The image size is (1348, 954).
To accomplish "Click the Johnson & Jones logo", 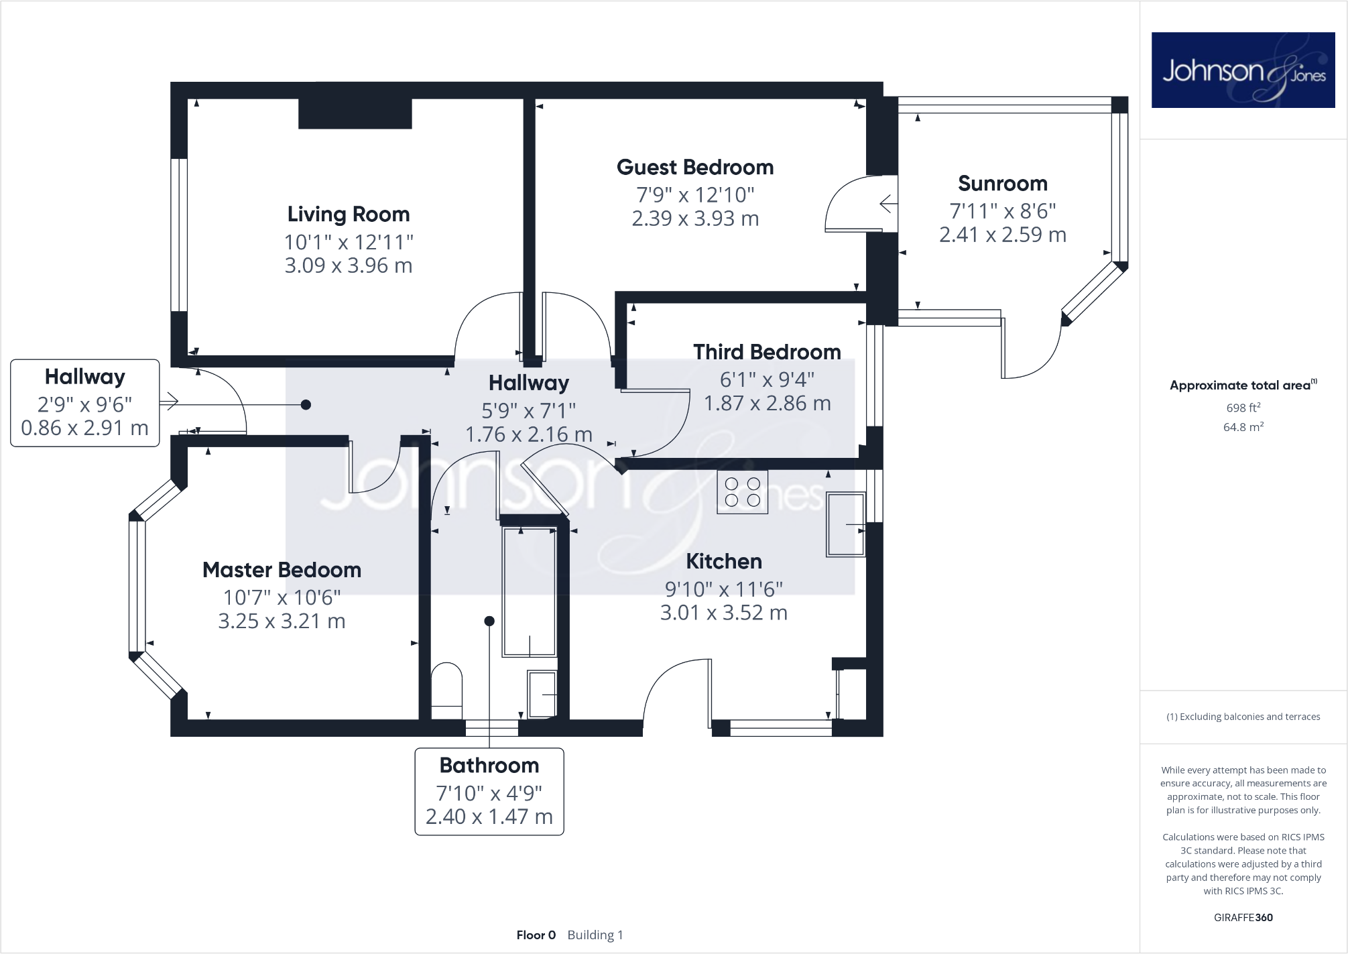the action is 1243,70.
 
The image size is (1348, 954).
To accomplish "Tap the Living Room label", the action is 348,215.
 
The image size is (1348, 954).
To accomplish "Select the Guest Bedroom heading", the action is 695,168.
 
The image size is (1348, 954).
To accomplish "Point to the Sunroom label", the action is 1002,184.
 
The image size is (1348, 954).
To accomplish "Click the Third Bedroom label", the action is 767,352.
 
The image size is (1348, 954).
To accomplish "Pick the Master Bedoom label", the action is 282,570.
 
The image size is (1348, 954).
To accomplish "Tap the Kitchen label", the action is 723,561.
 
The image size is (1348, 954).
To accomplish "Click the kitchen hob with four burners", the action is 742,492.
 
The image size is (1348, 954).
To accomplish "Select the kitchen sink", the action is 846,524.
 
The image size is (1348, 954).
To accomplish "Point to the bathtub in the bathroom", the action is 529,591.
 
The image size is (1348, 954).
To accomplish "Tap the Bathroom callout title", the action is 489,766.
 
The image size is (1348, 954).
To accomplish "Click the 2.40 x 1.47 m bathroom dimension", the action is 489,817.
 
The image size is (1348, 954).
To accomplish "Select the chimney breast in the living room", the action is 355,113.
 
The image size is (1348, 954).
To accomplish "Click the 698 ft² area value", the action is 1243,408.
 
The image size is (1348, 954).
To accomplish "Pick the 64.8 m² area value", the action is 1243,427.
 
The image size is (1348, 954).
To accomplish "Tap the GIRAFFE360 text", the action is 1243,917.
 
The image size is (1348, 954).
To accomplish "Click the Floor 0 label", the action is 536,935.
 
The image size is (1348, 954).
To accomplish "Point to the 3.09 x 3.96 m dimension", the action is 348,265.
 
